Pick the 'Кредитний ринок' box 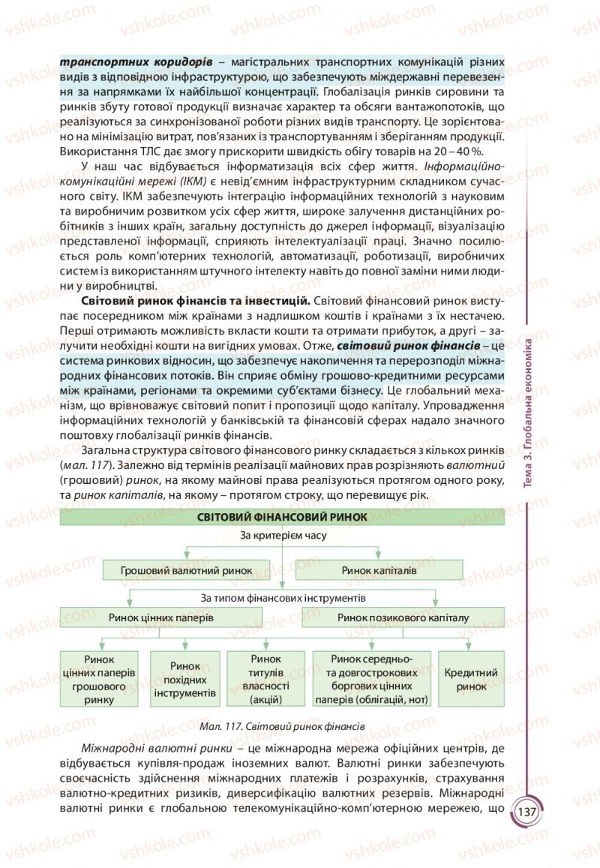point(471,680)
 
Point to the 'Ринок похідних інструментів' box point(184,680)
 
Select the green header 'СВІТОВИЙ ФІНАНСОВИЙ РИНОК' point(282,517)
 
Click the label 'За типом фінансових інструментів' point(282,599)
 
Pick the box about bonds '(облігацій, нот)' point(372,680)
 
